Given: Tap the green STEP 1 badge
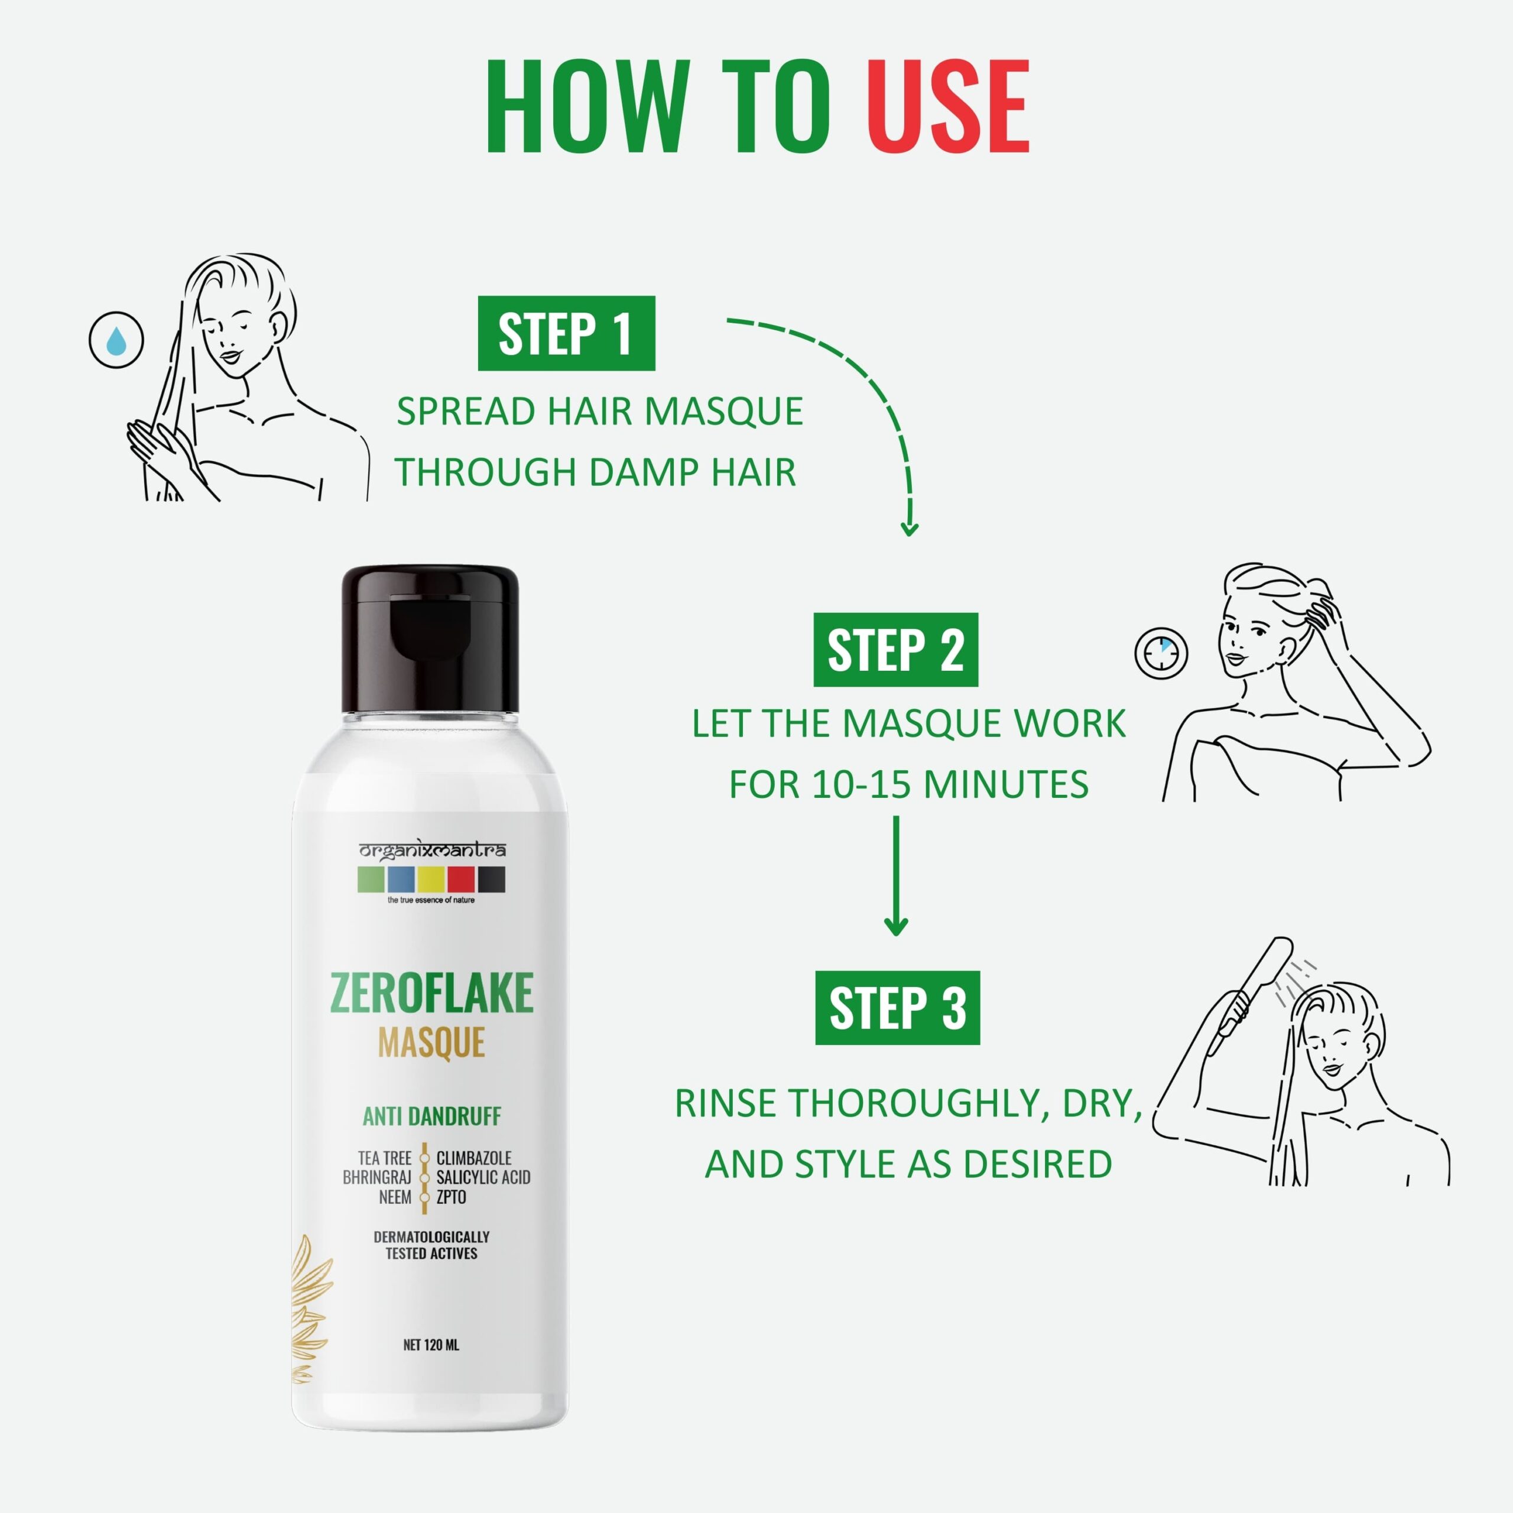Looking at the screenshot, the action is [566, 333].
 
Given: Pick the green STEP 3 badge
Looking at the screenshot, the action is [898, 1008].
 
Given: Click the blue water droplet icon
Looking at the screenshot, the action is [116, 340].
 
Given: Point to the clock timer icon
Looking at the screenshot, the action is [1161, 652].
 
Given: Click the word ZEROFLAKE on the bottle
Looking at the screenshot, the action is [431, 992].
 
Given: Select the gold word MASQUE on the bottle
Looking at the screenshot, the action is [431, 1043].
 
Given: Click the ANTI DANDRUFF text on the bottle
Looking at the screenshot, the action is [431, 1116].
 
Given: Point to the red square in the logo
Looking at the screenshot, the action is [461, 879].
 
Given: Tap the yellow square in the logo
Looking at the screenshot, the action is [431, 879].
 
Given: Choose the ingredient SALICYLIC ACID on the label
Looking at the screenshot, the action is [483, 1177].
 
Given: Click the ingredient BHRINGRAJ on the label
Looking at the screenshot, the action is [376, 1177].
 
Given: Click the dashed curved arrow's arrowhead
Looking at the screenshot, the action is [909, 528].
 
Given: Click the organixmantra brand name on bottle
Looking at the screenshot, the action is [431, 850].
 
